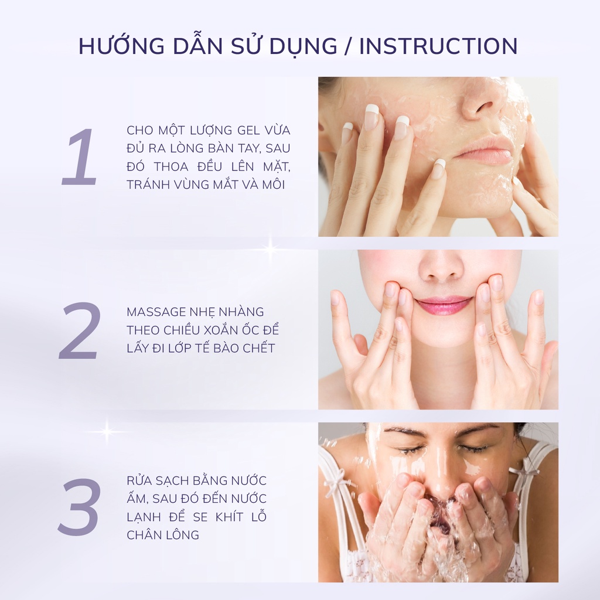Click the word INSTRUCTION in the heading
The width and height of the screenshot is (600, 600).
click(438, 46)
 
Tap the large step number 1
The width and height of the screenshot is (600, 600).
click(80, 157)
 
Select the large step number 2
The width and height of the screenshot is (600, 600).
click(80, 330)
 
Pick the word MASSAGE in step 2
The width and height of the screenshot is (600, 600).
click(156, 312)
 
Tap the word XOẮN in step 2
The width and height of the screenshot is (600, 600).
click(224, 329)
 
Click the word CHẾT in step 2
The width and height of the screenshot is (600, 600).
click(259, 348)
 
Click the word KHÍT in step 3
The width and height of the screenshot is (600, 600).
click(229, 517)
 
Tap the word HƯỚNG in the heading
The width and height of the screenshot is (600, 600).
click(121, 46)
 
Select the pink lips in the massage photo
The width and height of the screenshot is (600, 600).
click(444, 305)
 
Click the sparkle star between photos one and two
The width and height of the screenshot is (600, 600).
click(271, 250)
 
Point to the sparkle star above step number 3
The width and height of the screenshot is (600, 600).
click(107, 432)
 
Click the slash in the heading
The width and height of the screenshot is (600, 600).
click(349, 46)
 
